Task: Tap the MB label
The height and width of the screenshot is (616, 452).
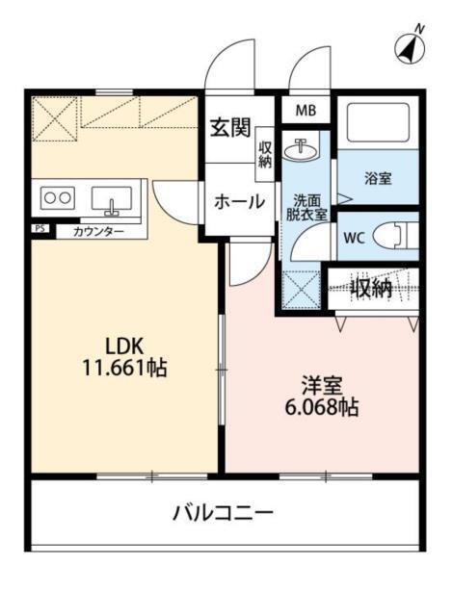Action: pyautogui.click(x=305, y=111)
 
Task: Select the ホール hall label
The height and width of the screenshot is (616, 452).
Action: pyautogui.click(x=240, y=202)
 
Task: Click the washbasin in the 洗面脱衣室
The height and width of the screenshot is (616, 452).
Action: pyautogui.click(x=306, y=149)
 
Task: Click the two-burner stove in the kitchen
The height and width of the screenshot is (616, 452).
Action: pyautogui.click(x=56, y=199)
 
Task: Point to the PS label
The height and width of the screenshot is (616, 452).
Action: pyautogui.click(x=39, y=230)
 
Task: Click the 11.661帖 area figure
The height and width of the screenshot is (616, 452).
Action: pyautogui.click(x=124, y=368)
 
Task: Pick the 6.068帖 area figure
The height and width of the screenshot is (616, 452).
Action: pyautogui.click(x=321, y=407)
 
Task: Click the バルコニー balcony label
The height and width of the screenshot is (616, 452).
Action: pyautogui.click(x=224, y=511)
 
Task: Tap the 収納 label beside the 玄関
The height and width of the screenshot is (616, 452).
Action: pyautogui.click(x=265, y=154)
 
